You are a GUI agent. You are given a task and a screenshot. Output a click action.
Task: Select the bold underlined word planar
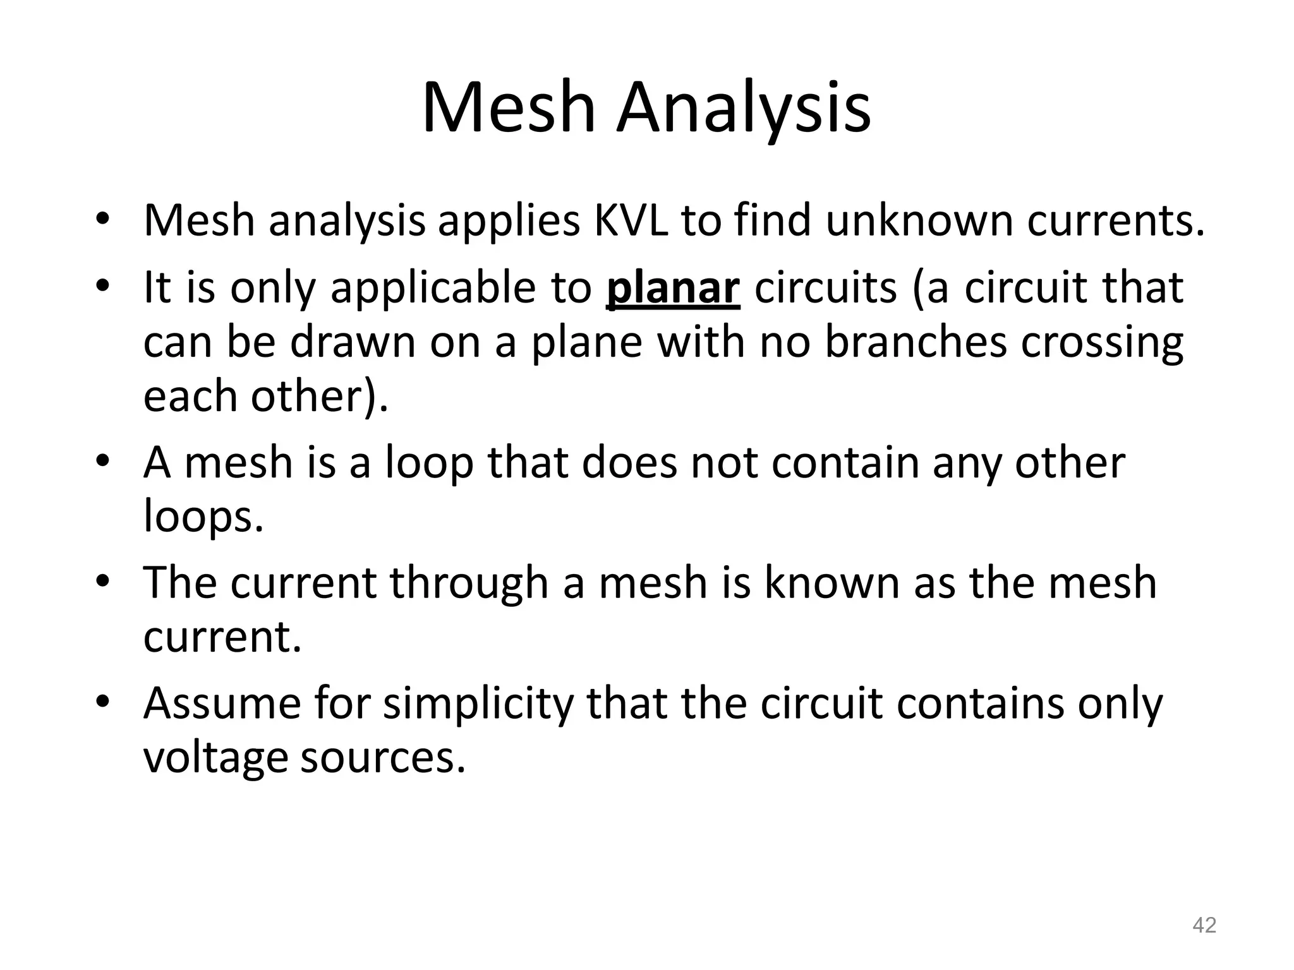point(672,288)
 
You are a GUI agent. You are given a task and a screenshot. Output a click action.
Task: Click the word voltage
point(215,758)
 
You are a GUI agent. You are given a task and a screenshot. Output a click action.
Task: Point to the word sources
point(382,758)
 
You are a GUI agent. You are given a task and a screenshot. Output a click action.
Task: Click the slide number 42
point(1204,925)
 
